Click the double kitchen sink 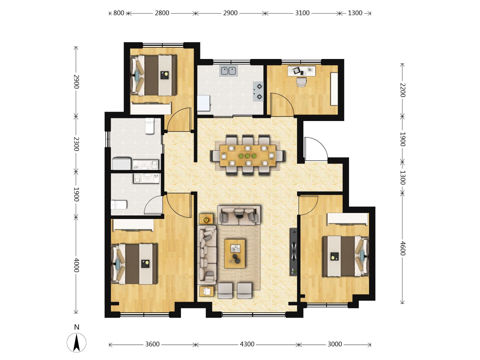[x=228, y=71]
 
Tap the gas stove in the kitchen [x=258, y=91]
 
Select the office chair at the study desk [x=302, y=82]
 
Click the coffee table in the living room [x=235, y=254]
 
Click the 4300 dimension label [x=247, y=344]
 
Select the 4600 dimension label [x=402, y=249]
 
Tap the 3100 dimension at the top [x=302, y=13]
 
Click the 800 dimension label [x=119, y=13]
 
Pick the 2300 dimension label [x=76, y=144]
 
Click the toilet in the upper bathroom [x=150, y=126]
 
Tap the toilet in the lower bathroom [x=119, y=205]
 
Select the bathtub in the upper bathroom [x=122, y=163]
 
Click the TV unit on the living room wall [x=293, y=252]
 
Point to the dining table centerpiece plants [x=247, y=156]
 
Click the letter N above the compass [x=77, y=327]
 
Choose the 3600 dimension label [x=152, y=344]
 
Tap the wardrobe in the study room [x=334, y=89]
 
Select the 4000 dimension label [x=76, y=265]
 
